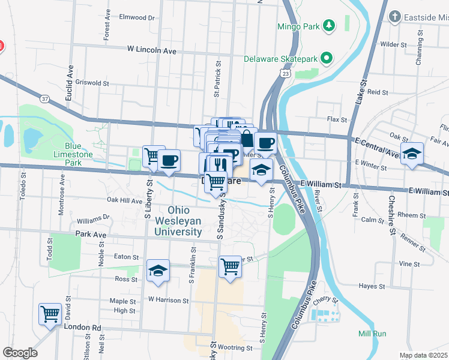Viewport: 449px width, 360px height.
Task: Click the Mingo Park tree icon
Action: point(328,26)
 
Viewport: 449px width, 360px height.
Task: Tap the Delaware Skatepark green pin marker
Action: point(327,58)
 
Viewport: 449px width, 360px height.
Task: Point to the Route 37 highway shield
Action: point(45,98)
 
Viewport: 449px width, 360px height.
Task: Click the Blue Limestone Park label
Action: point(81,154)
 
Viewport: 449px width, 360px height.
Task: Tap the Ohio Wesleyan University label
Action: point(178,221)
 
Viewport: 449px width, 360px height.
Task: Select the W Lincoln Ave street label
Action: point(151,51)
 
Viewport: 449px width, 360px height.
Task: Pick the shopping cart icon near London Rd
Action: point(50,313)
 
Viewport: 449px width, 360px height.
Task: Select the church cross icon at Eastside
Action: point(394,16)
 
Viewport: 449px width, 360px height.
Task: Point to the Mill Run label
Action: point(372,334)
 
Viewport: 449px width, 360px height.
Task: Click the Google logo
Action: point(20,353)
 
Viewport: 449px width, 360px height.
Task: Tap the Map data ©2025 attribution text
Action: point(424,355)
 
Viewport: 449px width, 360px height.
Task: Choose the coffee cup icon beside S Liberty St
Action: point(170,160)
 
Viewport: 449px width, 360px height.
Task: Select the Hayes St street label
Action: point(371,287)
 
